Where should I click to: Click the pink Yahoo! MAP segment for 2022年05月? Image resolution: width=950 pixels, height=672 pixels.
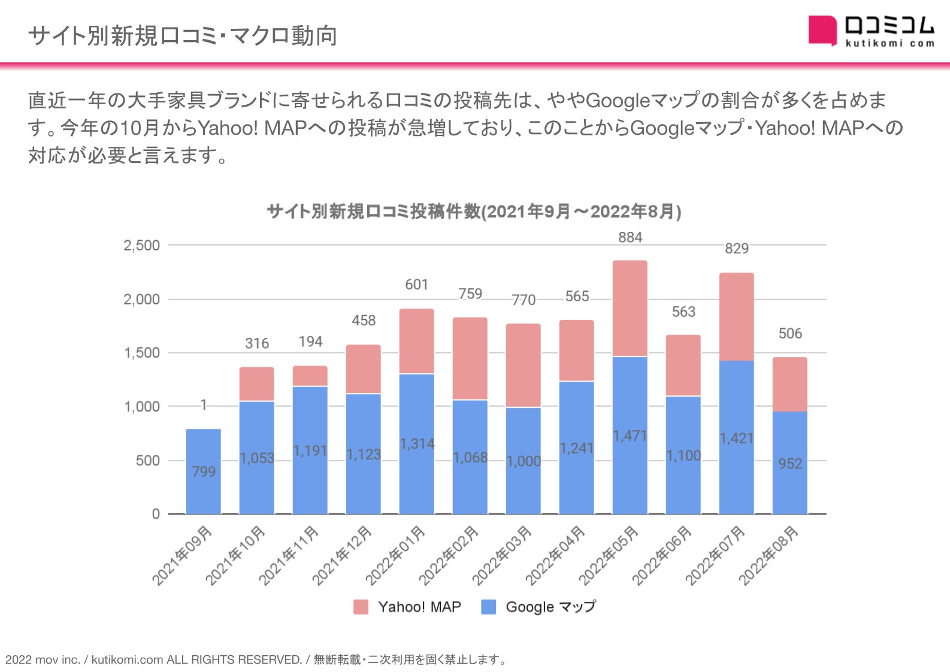coord(630,308)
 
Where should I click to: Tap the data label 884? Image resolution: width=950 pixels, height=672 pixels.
coord(630,238)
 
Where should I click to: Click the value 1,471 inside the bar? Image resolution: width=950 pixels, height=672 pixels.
coord(630,436)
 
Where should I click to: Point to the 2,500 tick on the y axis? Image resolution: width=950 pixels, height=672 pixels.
coord(141,246)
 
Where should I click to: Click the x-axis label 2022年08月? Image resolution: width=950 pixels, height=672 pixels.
coord(769,555)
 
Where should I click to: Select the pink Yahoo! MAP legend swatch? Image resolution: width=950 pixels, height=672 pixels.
coord(361,607)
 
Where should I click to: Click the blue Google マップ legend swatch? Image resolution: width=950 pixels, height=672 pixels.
coord(489,607)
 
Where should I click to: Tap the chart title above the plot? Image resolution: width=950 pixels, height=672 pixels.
coord(474,211)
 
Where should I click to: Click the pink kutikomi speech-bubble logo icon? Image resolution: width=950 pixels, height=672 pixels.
coord(822,31)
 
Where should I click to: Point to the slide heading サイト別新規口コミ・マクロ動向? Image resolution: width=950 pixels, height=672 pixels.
coord(183,36)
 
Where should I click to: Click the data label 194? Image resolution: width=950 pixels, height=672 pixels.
coord(310,342)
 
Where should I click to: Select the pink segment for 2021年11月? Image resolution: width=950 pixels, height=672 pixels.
coord(310,376)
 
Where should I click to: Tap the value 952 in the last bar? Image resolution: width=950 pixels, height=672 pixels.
coord(789,464)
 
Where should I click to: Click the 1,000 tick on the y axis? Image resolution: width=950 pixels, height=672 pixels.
coord(141,407)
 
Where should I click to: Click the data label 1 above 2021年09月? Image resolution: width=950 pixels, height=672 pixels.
coord(204,405)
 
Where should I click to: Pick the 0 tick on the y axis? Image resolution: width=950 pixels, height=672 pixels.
coord(156,514)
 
